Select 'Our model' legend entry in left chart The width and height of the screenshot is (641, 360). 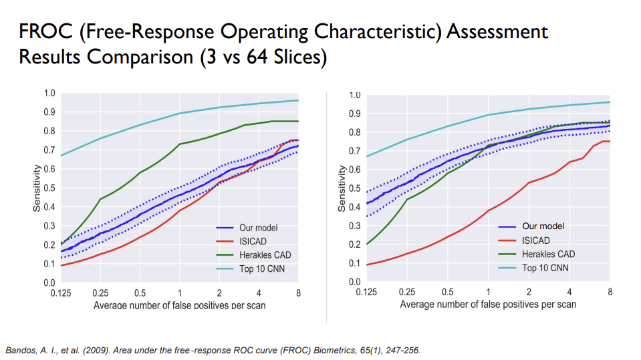point(258,228)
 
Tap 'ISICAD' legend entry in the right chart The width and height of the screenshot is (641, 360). point(535,240)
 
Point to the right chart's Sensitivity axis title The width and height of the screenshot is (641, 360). point(342,188)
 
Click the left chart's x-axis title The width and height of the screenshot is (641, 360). point(179,305)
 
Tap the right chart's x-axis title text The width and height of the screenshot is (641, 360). point(488,305)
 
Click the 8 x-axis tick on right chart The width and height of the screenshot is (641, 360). point(610,293)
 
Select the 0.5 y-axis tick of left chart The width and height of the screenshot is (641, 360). point(50,188)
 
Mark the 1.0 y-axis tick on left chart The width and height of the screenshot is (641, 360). point(50,93)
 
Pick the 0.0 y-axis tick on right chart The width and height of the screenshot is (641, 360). point(355,281)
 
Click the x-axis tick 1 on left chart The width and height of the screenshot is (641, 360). point(179,293)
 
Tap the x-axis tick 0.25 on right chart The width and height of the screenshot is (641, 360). point(406,293)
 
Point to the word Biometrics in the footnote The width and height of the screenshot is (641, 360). point(304,350)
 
